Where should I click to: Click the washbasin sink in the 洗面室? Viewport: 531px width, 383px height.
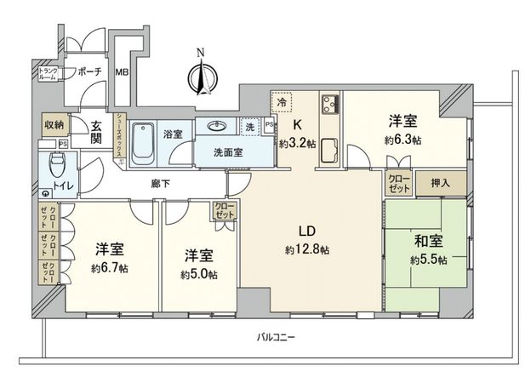coord(220,127)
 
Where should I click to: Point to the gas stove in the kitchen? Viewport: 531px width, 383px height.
coord(328,106)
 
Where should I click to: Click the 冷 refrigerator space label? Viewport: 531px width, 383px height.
coord(282,102)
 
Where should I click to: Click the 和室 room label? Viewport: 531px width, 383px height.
coord(425,240)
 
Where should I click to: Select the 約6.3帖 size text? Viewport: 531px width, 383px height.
coord(403,140)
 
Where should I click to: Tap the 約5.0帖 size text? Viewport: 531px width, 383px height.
coord(198,274)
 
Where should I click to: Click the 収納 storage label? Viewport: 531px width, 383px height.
coord(53,124)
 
